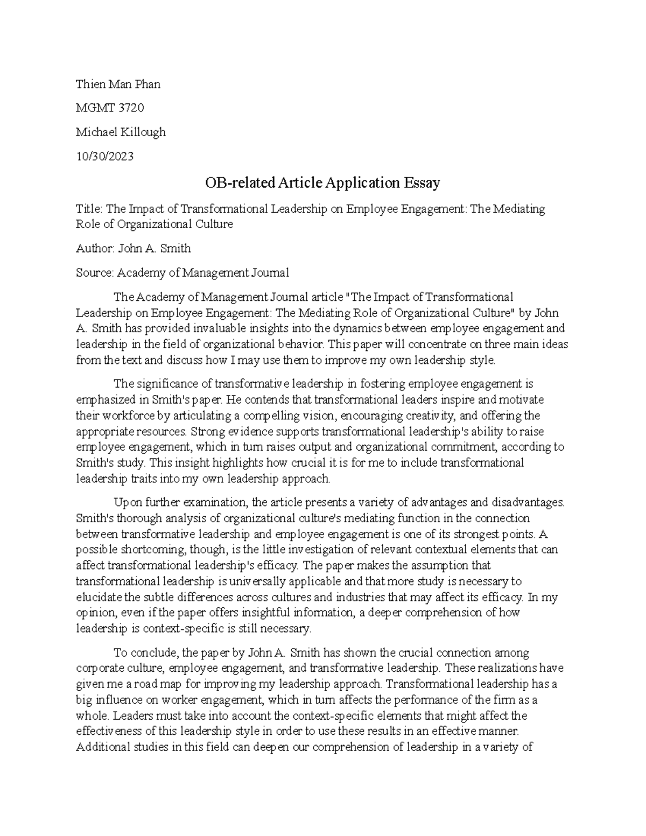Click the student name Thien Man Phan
(x=118, y=84)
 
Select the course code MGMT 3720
(x=110, y=108)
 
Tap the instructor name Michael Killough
(x=121, y=132)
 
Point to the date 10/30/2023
(x=104, y=157)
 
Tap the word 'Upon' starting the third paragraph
(x=125, y=503)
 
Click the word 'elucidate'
(x=99, y=597)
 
